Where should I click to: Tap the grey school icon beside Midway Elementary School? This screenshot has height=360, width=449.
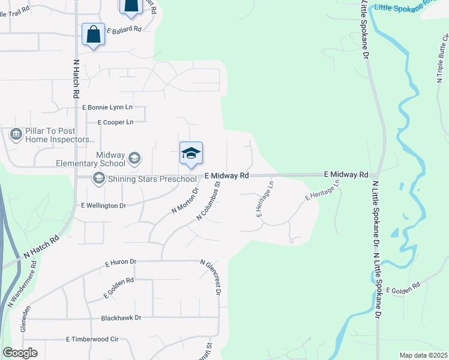pyautogui.click(x=134, y=158)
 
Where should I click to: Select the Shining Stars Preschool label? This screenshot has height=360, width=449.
pyautogui.click(x=152, y=178)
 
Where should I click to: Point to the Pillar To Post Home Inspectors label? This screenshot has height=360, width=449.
pyautogui.click(x=60, y=135)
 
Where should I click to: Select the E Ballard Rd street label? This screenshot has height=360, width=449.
pyautogui.click(x=124, y=29)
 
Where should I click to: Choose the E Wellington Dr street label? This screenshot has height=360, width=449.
pyautogui.click(x=103, y=205)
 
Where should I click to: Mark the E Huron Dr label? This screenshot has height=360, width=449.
pyautogui.click(x=121, y=262)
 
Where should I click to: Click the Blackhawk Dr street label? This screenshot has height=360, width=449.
pyautogui.click(x=121, y=317)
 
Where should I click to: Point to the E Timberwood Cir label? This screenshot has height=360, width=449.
pyautogui.click(x=92, y=339)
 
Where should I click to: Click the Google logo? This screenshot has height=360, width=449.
pyautogui.click(x=20, y=352)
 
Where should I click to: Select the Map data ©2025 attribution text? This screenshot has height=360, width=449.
pyautogui.click(x=423, y=355)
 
